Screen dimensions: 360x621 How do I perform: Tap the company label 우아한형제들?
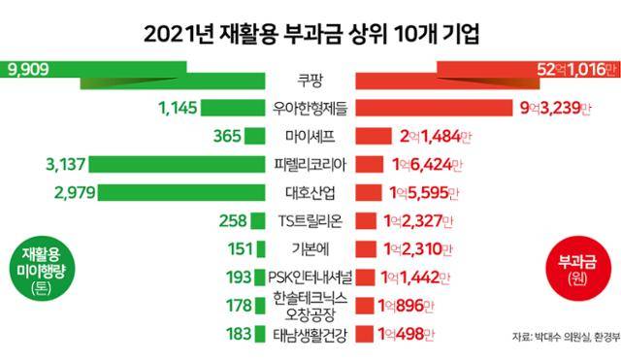(x=311, y=108)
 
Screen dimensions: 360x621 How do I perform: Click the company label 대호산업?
(x=311, y=191)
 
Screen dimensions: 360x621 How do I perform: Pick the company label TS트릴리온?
(x=311, y=220)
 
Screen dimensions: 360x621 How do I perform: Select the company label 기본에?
(x=311, y=248)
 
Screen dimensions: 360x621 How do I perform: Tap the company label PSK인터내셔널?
(x=311, y=277)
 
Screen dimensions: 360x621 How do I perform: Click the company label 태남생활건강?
(x=311, y=335)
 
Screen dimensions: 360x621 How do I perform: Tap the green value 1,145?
(x=177, y=108)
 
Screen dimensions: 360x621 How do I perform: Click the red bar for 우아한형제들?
(x=437, y=108)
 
